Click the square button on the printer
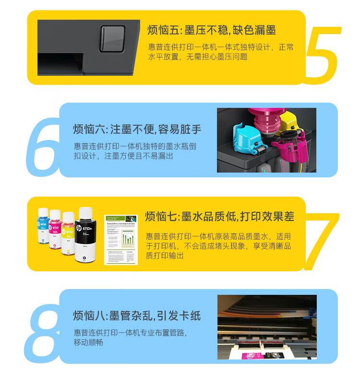coord(112,39)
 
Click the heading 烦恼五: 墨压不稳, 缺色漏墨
coord(212,30)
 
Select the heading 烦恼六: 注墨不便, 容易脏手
coord(137,129)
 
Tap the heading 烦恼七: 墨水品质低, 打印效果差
coord(220,216)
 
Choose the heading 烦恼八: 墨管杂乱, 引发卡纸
coord(137,316)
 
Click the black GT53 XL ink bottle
coord(85,235)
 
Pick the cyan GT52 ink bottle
coord(44,226)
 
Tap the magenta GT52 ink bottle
coord(55,230)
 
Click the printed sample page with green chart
coord(121,240)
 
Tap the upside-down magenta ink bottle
coord(267,121)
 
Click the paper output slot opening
coord(60,63)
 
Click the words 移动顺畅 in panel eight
coord(88,343)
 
